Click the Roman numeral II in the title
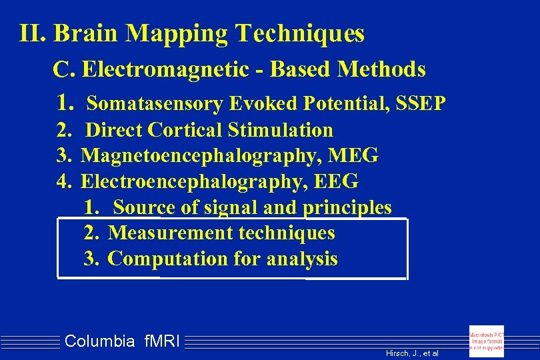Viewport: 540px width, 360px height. pos(32,33)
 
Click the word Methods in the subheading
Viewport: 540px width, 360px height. pos(381,69)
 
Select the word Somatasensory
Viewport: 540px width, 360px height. pos(155,105)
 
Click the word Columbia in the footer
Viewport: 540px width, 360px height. pos(99,341)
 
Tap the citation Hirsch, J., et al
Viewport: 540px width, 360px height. pos(412,353)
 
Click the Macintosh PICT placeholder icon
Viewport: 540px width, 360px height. pos(487,341)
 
